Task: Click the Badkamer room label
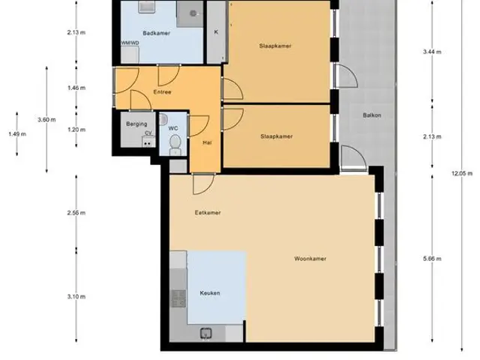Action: pos(157,33)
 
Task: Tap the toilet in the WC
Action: pos(175,145)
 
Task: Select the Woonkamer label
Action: pos(310,259)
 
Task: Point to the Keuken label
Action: pos(210,293)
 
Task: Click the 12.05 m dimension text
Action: pos(462,173)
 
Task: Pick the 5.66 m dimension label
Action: pos(432,259)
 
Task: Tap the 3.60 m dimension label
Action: pos(46,120)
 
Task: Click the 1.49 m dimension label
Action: pos(17,133)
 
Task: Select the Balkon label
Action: pos(372,115)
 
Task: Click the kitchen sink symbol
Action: pos(206,333)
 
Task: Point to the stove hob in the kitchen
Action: pos(178,298)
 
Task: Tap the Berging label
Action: pos(136,124)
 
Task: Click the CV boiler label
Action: pos(148,133)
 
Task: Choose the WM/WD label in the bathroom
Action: pos(130,43)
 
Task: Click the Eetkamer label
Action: pos(208,212)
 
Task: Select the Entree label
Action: pos(162,91)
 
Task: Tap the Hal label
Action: pos(207,142)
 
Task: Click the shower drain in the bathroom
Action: pos(193,13)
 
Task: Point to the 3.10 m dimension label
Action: pos(76,296)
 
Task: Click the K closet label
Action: pos(216,31)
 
